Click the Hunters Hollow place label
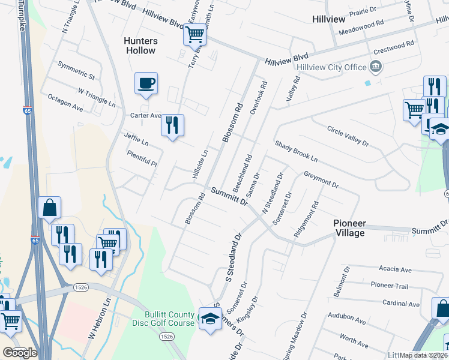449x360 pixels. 140,46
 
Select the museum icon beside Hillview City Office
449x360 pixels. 376,65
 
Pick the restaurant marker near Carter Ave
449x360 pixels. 172,125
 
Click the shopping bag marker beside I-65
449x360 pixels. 50,208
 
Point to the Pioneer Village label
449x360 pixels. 349,228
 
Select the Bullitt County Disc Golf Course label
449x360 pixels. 169,319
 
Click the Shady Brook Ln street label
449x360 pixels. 296,152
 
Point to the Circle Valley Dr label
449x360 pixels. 348,137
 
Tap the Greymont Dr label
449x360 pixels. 321,181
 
